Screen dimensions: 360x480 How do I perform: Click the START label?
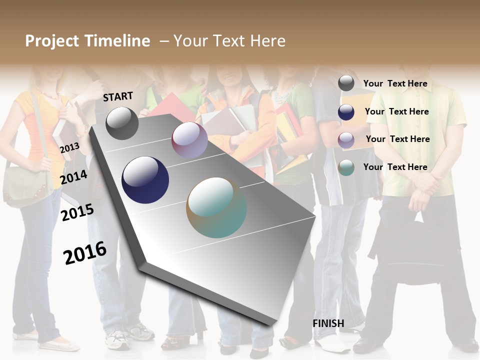[x=118, y=96]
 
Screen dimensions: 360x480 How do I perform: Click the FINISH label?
[x=328, y=323]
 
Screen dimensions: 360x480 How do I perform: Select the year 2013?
[x=69, y=148]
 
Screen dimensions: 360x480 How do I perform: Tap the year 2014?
[x=74, y=177]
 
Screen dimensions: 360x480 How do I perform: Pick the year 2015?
[x=77, y=212]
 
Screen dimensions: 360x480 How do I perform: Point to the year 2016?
[x=85, y=253]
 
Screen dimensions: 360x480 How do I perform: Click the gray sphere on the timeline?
[x=122, y=123]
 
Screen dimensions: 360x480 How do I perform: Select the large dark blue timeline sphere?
[x=145, y=180]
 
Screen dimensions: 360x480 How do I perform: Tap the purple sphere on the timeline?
[x=189, y=140]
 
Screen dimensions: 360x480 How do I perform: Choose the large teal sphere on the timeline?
[x=216, y=207]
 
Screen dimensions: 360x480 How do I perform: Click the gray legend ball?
[x=346, y=83]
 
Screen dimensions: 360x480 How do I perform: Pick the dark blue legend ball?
[x=346, y=112]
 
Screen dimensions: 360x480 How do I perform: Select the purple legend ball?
[x=346, y=139]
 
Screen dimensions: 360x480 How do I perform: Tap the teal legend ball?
[x=346, y=167]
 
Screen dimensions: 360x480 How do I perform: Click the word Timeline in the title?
[x=118, y=41]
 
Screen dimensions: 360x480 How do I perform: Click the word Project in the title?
[x=52, y=41]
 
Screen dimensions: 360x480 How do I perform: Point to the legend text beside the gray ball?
[x=395, y=83]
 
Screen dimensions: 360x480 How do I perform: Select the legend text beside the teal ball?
[x=395, y=167]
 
